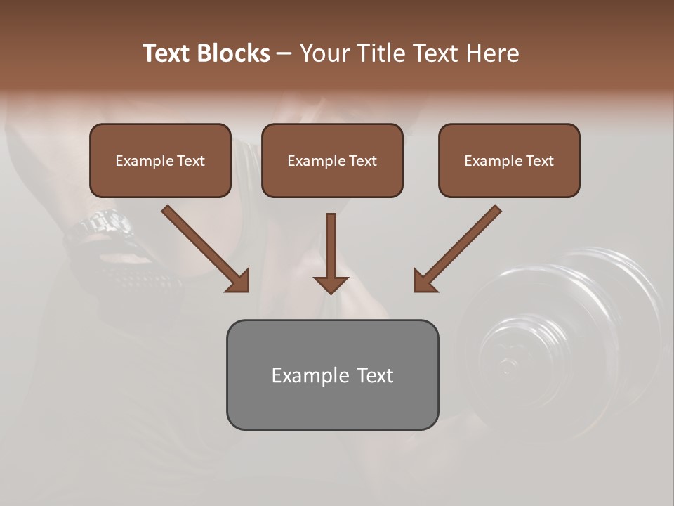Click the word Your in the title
pyautogui.click(x=324, y=53)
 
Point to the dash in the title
pyautogui.click(x=284, y=54)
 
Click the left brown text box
pyautogui.click(x=160, y=179)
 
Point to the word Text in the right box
pyautogui.click(x=540, y=161)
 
